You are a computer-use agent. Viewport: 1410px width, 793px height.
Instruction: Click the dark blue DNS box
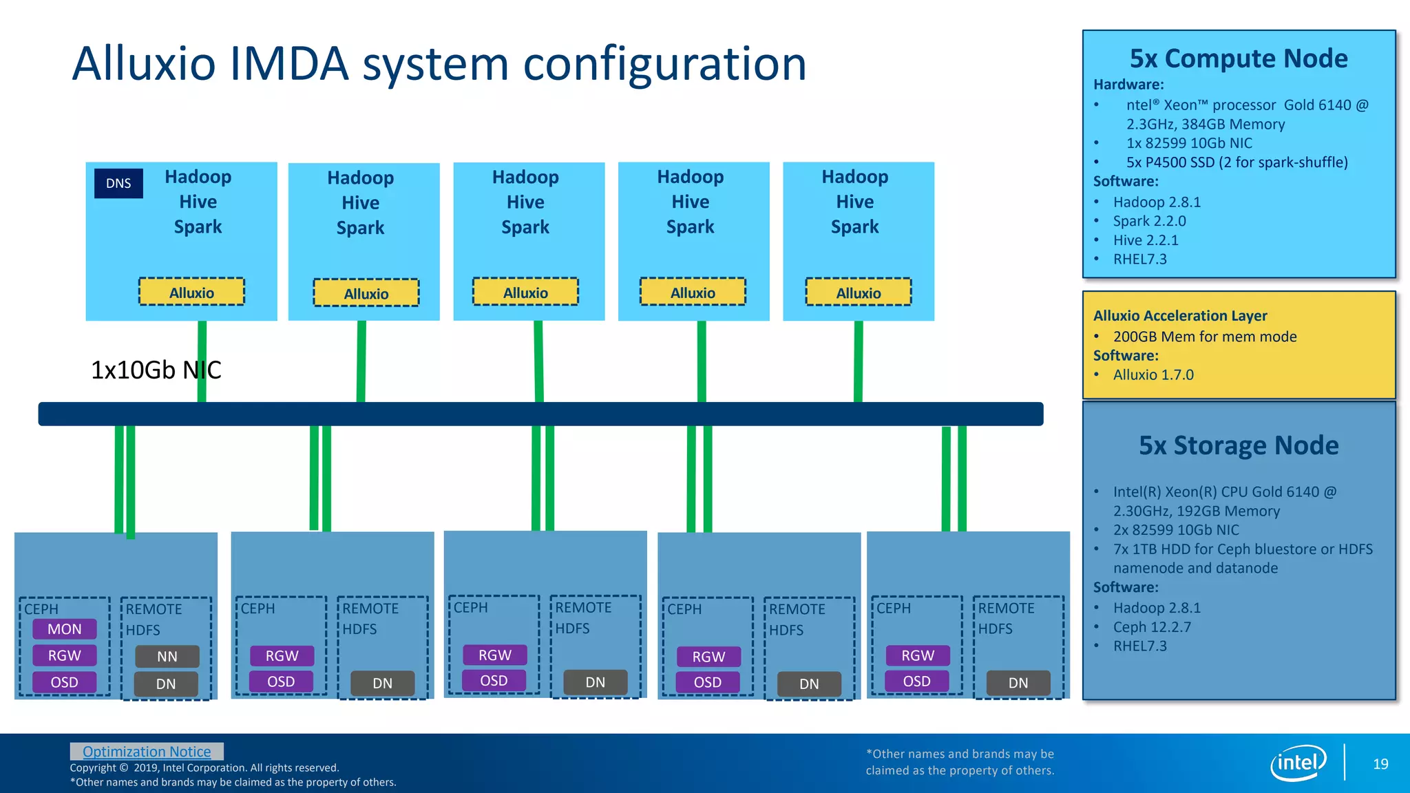point(118,184)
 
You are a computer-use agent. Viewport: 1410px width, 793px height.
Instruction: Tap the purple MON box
point(65,629)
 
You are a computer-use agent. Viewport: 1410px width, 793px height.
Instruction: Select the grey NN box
point(167,657)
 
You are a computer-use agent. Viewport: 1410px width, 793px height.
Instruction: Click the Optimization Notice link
point(147,752)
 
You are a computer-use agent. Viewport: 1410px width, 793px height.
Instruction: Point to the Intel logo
point(1298,763)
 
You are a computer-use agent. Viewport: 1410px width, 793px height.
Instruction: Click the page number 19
point(1380,764)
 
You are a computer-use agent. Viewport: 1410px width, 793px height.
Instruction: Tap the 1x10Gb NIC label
point(156,370)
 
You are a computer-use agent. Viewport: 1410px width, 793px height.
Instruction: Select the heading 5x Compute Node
point(1239,59)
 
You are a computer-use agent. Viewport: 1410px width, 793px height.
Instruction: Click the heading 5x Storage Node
point(1239,445)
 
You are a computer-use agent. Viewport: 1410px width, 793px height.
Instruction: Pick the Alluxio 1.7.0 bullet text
point(1153,375)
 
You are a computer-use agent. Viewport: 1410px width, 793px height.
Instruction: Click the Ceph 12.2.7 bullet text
point(1152,627)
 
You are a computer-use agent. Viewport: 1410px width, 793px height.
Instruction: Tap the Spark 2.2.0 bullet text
point(1149,221)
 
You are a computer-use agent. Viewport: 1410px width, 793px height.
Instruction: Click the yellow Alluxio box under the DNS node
point(191,293)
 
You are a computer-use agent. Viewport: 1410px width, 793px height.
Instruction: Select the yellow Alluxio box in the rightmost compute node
point(859,293)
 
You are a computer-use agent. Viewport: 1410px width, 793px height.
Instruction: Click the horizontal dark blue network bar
point(540,414)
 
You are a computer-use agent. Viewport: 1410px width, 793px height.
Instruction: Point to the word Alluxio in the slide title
point(144,63)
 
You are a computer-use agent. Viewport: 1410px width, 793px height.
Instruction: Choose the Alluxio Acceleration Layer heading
point(1180,316)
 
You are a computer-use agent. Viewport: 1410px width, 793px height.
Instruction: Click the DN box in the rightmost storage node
point(1018,683)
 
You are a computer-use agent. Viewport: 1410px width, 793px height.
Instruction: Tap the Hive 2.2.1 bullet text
point(1146,240)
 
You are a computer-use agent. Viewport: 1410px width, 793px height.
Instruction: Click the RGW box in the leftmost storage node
point(65,656)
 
